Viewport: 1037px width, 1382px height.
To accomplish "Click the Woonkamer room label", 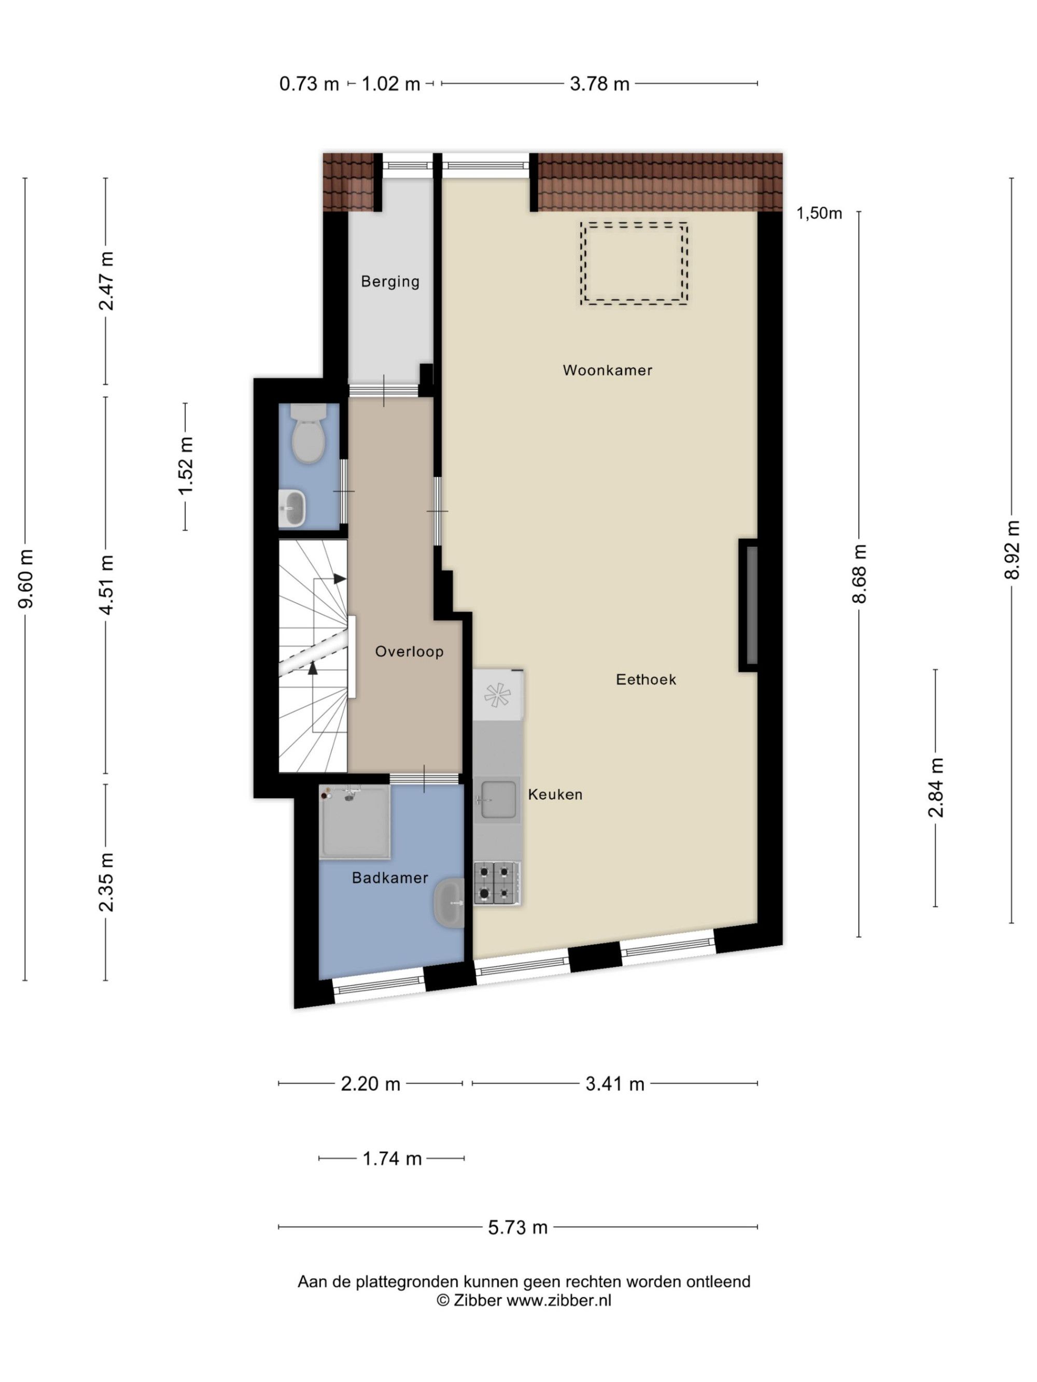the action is tap(607, 370).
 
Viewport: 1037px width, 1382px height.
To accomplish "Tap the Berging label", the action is tap(390, 282).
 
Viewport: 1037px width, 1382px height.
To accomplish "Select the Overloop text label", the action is tap(410, 652).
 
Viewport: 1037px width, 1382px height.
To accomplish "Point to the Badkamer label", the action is tap(390, 878).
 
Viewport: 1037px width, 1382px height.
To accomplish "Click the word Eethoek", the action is tap(646, 679).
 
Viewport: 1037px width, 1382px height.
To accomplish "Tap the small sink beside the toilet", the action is tap(292, 507).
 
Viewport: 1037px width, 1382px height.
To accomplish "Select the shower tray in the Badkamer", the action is tap(355, 821).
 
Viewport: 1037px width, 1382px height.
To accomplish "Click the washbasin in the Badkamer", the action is tap(450, 903).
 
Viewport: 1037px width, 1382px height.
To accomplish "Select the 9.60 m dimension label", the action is tap(25, 578).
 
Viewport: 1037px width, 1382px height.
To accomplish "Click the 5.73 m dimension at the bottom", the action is tap(517, 1227).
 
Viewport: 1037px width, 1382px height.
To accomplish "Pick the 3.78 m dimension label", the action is tap(599, 84).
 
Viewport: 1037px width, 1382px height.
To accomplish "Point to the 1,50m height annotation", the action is tap(819, 213).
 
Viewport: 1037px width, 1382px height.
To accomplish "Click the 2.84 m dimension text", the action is tap(936, 787).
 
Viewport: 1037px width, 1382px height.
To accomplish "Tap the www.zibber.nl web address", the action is tap(558, 1300).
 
